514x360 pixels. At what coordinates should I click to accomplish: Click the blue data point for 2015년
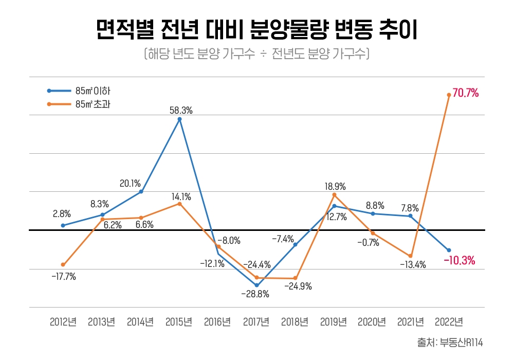click(179, 119)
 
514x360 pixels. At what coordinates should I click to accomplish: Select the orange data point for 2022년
click(449, 95)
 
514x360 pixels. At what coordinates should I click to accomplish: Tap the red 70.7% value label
click(466, 94)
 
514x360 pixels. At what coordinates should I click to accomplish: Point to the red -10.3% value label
click(459, 261)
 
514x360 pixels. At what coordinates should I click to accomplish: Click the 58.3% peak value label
click(181, 110)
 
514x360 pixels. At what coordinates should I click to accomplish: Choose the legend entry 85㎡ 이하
click(93, 91)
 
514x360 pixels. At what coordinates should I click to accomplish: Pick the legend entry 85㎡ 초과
click(93, 104)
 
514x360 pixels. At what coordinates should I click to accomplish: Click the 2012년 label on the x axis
click(63, 322)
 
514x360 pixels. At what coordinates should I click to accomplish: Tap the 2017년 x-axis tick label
click(256, 322)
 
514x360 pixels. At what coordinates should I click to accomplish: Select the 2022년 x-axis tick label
click(449, 322)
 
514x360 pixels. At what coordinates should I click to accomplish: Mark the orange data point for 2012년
click(63, 265)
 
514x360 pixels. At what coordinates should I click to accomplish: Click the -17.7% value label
click(64, 277)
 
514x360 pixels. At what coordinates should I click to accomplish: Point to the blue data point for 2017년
click(256, 285)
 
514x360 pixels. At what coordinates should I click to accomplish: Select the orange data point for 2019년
click(334, 195)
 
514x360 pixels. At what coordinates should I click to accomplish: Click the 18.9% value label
click(335, 186)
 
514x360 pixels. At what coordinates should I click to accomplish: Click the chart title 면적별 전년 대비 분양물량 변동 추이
click(256, 30)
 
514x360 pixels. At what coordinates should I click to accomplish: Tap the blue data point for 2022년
click(449, 250)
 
